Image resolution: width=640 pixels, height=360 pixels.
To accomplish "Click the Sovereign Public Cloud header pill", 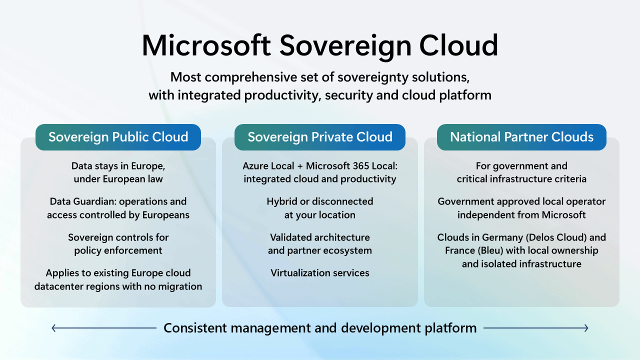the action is click(x=118, y=137).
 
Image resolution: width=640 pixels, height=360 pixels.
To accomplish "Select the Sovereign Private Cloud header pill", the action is click(x=319, y=137).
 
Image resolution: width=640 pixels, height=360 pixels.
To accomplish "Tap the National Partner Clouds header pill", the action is click(x=521, y=137).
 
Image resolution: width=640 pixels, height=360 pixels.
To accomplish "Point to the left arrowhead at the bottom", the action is click(x=53, y=328).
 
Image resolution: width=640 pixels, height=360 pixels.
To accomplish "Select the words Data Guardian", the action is click(x=83, y=201).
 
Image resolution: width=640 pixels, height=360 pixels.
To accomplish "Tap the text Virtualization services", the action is click(x=319, y=273).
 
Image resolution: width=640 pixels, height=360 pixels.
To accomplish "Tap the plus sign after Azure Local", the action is click(x=300, y=166).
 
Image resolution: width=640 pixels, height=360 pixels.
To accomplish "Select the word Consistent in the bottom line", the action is click(x=195, y=328).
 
